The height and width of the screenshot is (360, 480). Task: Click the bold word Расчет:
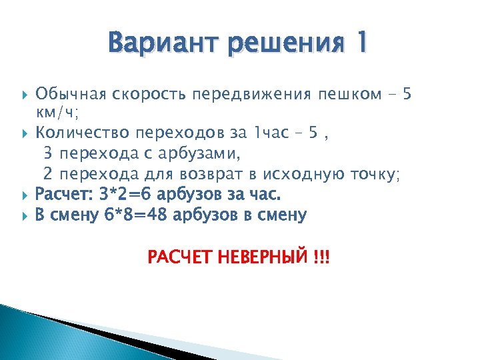click(x=63, y=194)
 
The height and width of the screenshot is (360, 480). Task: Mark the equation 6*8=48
click(x=137, y=215)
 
